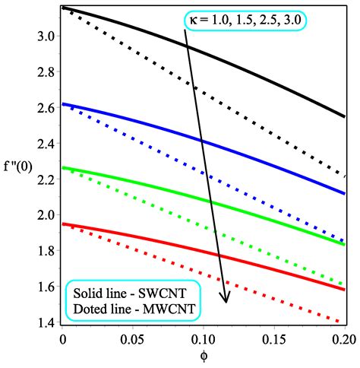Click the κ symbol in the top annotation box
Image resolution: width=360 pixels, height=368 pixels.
point(192,20)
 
